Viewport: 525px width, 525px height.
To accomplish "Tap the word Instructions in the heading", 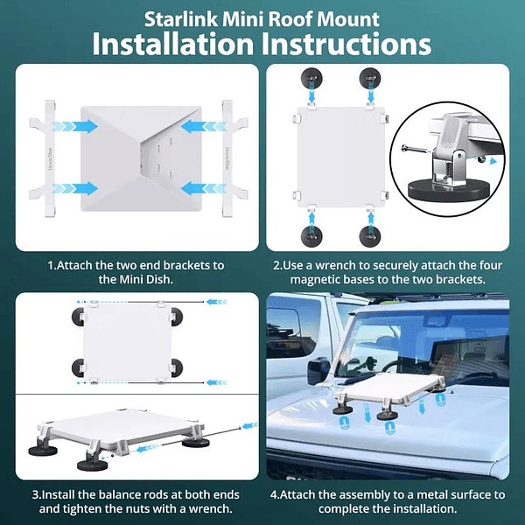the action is (346, 44).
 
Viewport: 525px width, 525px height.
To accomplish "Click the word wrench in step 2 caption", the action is (335, 265).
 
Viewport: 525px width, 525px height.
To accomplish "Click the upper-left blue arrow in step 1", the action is (75, 126).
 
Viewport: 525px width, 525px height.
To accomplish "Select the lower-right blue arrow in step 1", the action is (204, 188).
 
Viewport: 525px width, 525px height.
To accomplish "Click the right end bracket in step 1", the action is (230, 158).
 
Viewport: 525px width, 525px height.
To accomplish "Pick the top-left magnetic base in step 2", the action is (311, 79).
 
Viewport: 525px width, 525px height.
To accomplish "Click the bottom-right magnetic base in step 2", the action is (369, 236).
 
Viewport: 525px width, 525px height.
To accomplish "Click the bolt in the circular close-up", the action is (414, 149).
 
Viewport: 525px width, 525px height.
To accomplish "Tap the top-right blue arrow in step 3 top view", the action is (216, 302).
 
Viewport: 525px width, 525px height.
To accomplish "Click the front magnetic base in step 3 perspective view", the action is (93, 465).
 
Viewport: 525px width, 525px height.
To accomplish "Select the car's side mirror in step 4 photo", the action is (319, 373).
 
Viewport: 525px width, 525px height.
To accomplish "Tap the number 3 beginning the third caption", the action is (36, 494).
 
